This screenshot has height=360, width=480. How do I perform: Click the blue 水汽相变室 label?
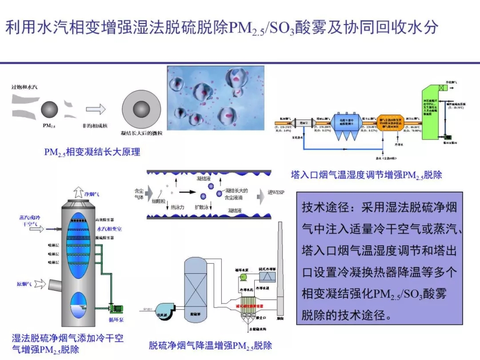pos(109,229)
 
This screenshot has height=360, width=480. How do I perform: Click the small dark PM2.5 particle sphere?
pos(49,109)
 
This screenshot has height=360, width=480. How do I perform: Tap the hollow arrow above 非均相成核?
pos(96,109)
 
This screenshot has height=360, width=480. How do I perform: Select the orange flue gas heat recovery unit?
pos(391,124)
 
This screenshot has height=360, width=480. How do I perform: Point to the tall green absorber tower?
pos(434,113)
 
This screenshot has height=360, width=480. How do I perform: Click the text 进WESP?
pos(276,192)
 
